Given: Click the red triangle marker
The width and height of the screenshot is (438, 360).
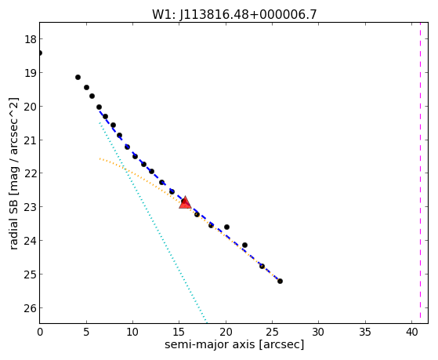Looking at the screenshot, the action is (x=185, y=203).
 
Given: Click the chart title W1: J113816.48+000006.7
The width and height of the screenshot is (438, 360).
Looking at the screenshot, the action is (x=234, y=14).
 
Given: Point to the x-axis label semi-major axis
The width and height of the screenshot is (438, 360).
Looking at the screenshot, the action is (x=209, y=344).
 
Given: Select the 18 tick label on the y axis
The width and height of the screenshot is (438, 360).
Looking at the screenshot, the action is (x=31, y=39).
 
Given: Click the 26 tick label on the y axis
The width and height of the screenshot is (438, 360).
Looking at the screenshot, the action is (x=31, y=308).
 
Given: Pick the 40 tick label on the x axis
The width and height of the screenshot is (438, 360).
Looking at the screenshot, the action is (x=411, y=332).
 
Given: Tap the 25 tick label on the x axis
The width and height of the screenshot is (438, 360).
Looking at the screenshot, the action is (x=272, y=332).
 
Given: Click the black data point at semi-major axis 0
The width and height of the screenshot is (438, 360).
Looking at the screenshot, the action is (x=40, y=53).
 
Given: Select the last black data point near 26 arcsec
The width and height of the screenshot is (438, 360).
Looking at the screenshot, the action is (x=280, y=281).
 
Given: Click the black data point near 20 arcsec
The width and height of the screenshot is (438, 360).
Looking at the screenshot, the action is (x=226, y=227).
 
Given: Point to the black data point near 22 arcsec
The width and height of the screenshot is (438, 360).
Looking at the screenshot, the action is (x=244, y=245).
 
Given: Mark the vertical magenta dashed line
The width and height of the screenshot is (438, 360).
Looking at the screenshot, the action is (x=420, y=173).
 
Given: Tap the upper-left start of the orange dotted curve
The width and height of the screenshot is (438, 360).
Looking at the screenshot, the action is (x=100, y=158).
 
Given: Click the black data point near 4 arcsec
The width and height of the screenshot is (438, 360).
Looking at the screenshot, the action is (x=78, y=77).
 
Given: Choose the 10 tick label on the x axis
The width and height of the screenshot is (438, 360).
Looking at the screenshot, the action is (x=132, y=332).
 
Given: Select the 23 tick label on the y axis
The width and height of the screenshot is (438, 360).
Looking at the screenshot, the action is (x=31, y=207).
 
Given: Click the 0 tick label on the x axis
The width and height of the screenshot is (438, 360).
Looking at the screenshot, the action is (x=40, y=332).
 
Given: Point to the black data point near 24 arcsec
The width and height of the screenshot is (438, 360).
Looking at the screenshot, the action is (x=262, y=266).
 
